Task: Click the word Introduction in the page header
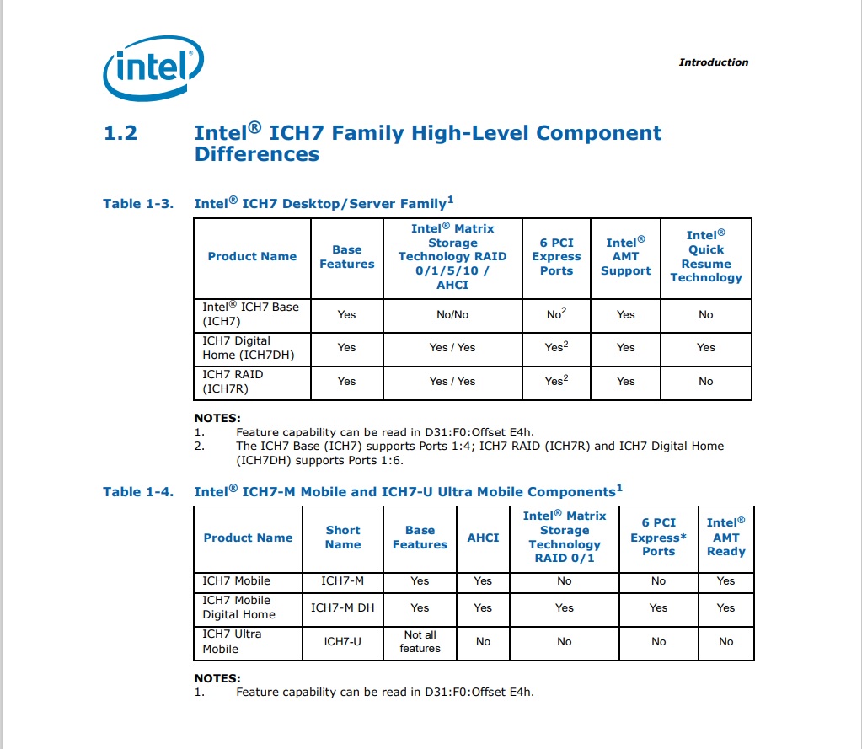point(713,62)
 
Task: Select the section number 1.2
point(120,133)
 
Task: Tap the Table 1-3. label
point(138,203)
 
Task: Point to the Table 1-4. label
point(138,491)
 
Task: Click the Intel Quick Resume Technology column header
point(705,256)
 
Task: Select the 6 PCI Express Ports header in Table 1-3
point(556,256)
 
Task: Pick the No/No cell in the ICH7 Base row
point(452,314)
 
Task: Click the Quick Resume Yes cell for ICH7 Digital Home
point(705,347)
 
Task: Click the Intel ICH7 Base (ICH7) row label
point(250,313)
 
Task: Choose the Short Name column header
point(343,537)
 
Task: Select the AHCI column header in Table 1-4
point(483,538)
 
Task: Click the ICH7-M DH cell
point(343,607)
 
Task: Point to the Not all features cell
point(420,641)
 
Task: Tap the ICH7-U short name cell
point(343,641)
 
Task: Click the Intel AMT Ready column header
point(725,537)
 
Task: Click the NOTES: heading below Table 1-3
point(217,418)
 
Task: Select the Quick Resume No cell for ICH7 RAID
point(705,381)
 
